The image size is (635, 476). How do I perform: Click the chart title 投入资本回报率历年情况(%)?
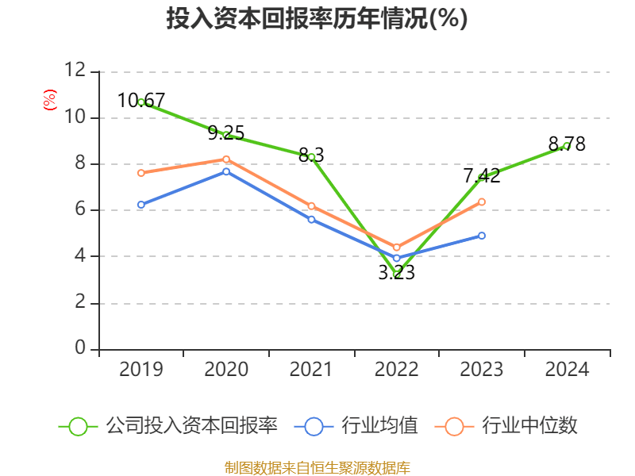(x=317, y=19)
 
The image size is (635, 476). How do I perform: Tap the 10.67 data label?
(x=141, y=101)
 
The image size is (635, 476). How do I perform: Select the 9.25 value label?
(x=226, y=133)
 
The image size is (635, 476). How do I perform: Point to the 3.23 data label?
(x=396, y=273)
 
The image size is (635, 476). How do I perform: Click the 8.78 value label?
(x=567, y=144)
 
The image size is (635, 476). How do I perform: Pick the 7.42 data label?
(x=482, y=176)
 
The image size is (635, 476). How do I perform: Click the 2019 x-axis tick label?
(x=141, y=370)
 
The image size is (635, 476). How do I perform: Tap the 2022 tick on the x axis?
(x=396, y=370)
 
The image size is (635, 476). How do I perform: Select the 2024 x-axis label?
(x=567, y=370)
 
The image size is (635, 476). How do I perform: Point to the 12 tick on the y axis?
(x=75, y=71)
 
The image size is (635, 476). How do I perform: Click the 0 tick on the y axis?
(x=80, y=349)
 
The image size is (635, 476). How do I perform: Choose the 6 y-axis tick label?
(x=80, y=210)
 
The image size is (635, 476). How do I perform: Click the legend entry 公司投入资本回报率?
(x=191, y=426)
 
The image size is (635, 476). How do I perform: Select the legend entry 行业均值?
(x=379, y=426)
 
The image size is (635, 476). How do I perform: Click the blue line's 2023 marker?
(x=482, y=236)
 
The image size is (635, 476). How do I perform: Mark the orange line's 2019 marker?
(x=141, y=173)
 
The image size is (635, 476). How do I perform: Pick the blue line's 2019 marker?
(x=141, y=205)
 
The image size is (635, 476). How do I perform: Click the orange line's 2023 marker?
(x=482, y=202)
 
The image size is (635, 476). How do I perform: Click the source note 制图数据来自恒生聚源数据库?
(x=317, y=467)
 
